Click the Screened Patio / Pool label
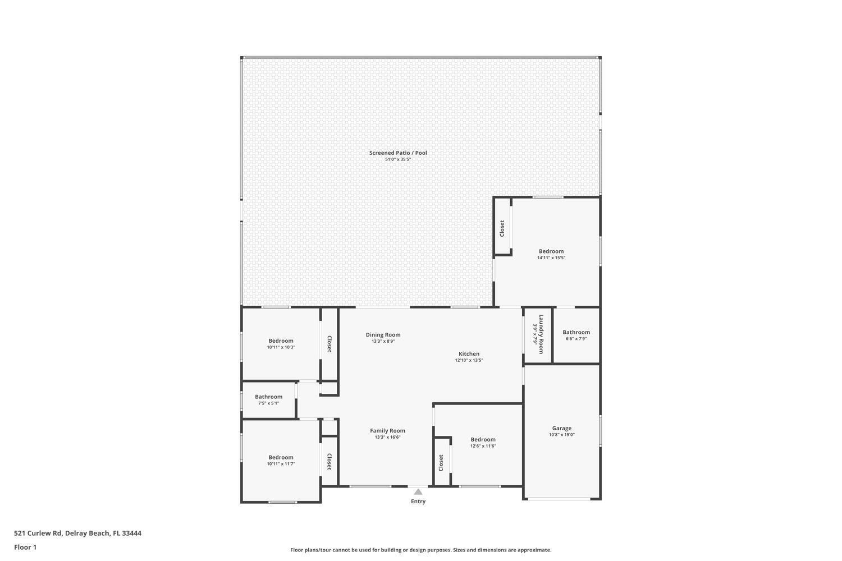tap(398, 153)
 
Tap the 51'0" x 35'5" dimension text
tap(398, 159)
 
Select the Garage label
tap(561, 428)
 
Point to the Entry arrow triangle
tap(418, 492)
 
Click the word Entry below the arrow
tap(418, 502)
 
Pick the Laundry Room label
tap(541, 334)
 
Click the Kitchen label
tap(469, 354)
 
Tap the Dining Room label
tap(383, 335)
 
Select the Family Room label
tap(387, 431)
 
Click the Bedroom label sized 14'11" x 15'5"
tap(551, 251)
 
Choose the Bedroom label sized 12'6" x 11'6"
tap(483, 440)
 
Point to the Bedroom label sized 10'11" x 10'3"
tap(281, 341)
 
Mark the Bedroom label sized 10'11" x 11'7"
tap(281, 457)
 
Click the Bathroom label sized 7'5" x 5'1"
tap(268, 397)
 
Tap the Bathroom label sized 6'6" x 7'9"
tap(576, 332)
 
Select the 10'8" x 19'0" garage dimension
tap(561, 435)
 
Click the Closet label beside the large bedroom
tap(502, 228)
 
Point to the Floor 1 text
tap(25, 547)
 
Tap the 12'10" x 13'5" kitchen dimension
tap(469, 361)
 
